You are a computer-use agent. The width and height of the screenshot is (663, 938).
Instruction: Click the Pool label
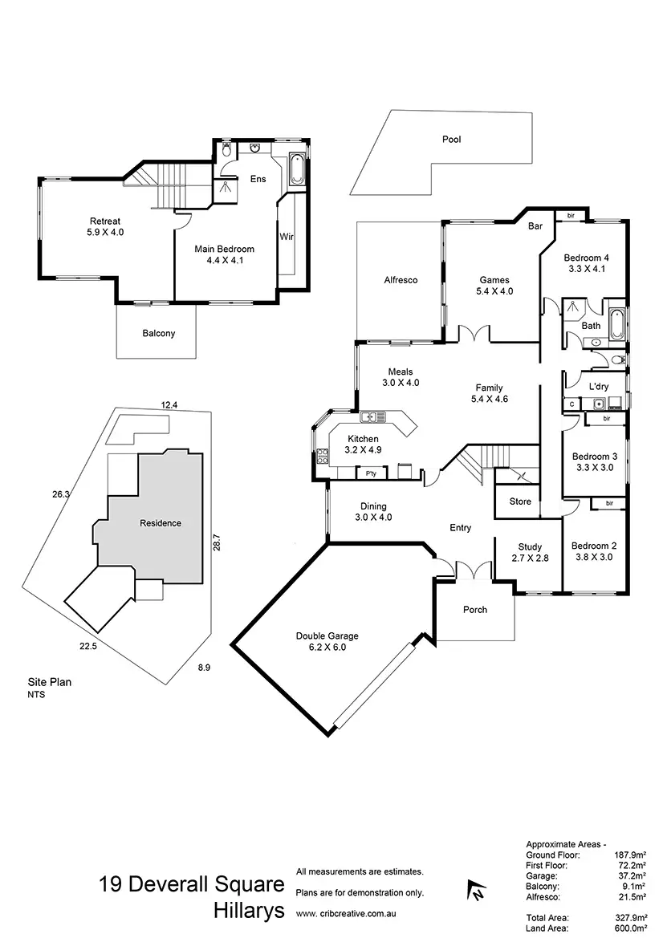452,139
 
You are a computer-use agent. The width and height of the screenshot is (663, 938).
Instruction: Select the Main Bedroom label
224,249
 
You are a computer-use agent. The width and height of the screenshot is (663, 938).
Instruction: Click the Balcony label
158,333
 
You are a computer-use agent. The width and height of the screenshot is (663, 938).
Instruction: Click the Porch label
475,610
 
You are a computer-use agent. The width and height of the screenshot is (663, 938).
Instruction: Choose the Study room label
530,547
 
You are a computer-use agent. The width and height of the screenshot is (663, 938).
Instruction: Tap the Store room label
520,501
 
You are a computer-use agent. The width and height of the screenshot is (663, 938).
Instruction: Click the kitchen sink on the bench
372,416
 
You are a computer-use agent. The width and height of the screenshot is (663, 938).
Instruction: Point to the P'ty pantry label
371,473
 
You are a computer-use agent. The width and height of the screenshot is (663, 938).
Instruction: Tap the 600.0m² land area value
631,928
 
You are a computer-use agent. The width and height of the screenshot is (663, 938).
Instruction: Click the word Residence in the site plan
161,523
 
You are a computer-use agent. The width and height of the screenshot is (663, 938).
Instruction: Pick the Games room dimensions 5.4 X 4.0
494,291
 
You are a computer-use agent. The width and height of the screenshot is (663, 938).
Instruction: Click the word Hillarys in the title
249,911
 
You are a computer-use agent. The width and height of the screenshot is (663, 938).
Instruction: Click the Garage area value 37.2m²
633,878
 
